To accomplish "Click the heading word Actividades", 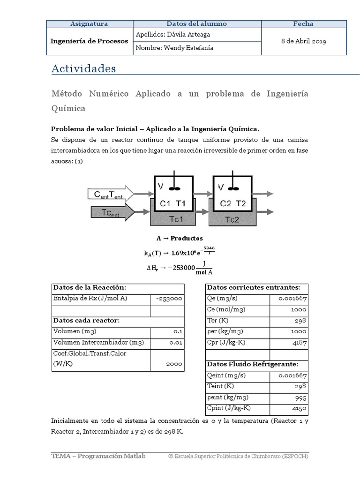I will (83, 68).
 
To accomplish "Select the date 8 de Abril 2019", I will (303, 41).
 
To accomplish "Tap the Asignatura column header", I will (89, 24).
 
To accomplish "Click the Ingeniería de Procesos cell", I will (89, 41).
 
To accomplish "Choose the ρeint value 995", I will (301, 397).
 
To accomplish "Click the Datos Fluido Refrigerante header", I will (252, 364).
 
